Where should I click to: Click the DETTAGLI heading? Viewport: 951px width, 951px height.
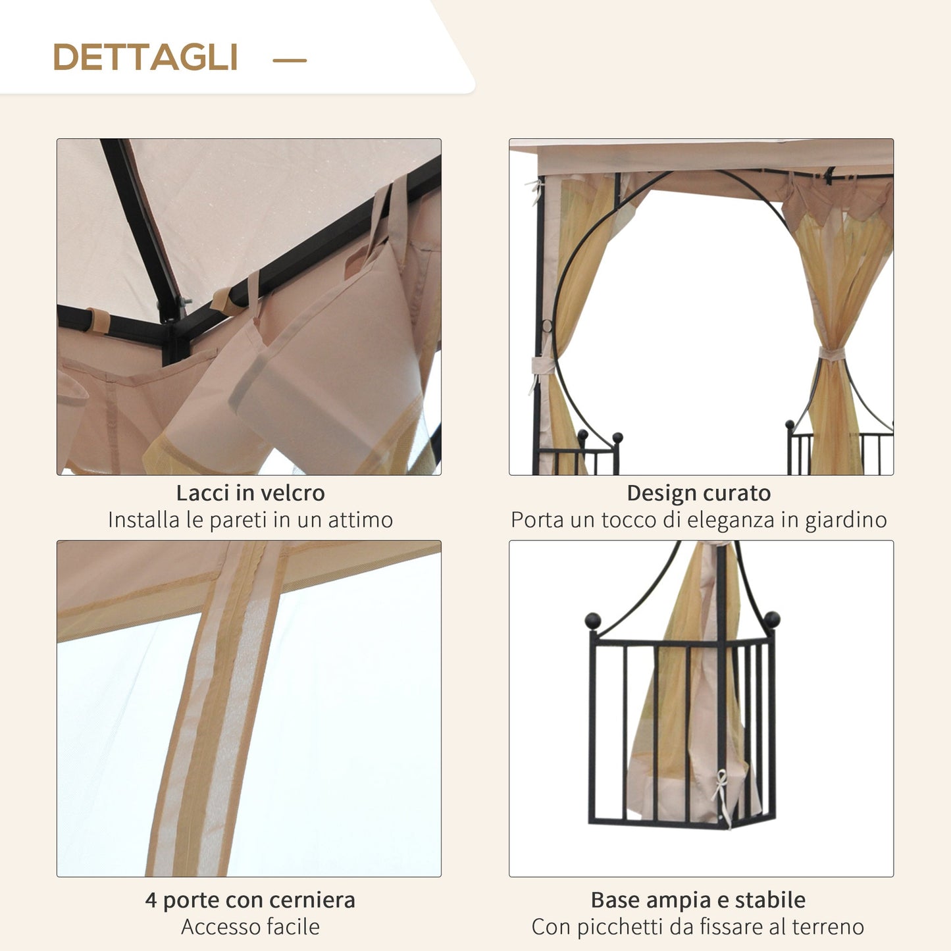click(145, 57)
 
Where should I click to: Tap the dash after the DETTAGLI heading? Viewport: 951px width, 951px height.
click(290, 60)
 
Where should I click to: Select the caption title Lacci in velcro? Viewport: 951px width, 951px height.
click(250, 493)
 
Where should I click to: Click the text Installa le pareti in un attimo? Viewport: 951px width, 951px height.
click(250, 520)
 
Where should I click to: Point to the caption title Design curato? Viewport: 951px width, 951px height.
click(698, 493)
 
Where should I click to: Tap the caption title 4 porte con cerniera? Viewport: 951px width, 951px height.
click(250, 900)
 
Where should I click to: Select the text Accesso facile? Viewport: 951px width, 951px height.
click(250, 927)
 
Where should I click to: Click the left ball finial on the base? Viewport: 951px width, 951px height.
click(593, 621)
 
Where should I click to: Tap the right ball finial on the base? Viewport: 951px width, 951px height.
click(771, 619)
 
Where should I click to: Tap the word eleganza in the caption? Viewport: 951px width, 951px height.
click(730, 520)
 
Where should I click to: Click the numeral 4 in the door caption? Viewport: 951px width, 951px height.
click(151, 900)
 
